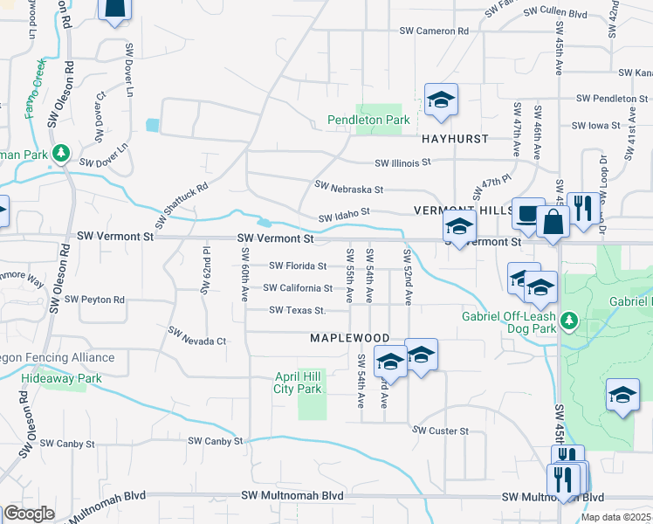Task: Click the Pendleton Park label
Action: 368,120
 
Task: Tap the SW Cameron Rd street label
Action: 434,31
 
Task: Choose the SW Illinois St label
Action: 403,162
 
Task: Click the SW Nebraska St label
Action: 349,188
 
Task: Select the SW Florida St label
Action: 298,265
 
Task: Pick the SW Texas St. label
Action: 298,310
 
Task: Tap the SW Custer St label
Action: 441,431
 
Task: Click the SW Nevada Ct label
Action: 197,336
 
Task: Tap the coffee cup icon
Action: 527,213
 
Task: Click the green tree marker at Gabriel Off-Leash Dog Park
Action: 569,321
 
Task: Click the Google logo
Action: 29,514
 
